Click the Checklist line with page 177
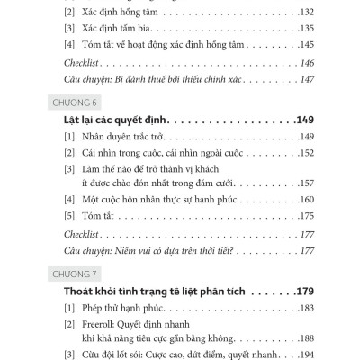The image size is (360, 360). [x=80, y=234]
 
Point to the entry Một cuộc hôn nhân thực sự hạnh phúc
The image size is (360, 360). [x=149, y=200]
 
